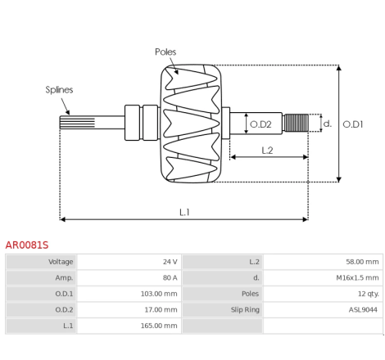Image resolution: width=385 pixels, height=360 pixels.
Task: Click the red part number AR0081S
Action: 27,245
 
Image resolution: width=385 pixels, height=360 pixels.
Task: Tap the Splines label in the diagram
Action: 59,90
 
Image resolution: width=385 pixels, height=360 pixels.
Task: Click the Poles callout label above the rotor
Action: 165,52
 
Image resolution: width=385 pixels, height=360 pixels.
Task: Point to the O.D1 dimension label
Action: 353,124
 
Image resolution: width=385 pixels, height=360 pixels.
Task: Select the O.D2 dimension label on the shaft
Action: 260,124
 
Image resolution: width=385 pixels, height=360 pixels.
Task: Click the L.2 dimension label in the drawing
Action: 267,151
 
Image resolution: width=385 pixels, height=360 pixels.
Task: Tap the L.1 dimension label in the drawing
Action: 184,212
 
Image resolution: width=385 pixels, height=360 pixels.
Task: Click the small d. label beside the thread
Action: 328,124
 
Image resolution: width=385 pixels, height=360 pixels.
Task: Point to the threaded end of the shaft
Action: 296,123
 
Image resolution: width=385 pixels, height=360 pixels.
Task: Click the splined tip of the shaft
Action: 77,122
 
